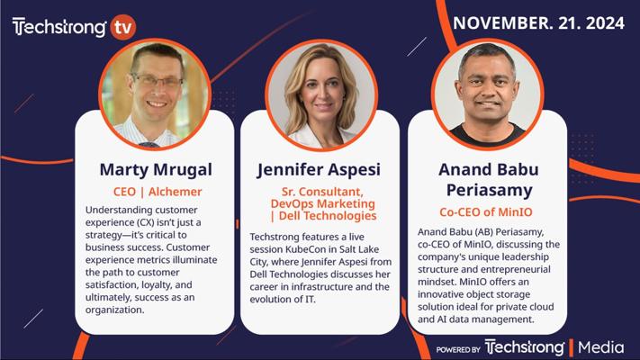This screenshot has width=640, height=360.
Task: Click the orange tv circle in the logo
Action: tap(122, 27)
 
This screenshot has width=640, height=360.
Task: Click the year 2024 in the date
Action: tap(605, 22)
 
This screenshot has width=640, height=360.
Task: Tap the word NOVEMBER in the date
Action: tap(500, 22)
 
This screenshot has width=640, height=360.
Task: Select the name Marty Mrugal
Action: tap(156, 170)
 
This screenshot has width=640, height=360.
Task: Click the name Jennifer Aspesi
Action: tap(319, 170)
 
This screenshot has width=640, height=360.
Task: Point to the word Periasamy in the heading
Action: tap(489, 190)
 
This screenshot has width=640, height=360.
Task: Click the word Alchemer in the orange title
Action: tap(176, 192)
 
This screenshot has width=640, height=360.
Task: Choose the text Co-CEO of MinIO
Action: tap(486, 212)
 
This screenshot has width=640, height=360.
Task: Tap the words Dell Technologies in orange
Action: tap(328, 215)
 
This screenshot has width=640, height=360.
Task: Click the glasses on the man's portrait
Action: tap(157, 81)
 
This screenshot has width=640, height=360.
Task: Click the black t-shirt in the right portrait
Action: tap(488, 134)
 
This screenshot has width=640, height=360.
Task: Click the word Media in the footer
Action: tap(600, 347)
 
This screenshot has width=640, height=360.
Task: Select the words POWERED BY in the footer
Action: tap(458, 350)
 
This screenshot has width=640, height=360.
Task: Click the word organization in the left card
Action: tap(114, 310)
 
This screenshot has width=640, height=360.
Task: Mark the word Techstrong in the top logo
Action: tap(59, 27)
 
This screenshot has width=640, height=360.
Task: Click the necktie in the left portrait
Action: tap(149, 145)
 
